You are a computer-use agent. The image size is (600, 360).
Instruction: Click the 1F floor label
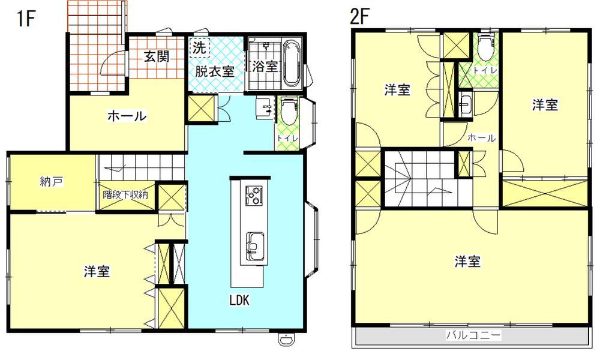pyautogui.click(x=26, y=19)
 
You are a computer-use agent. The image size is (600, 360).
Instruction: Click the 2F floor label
pyautogui.click(x=359, y=16)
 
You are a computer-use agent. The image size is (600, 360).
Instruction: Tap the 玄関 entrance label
pyautogui.click(x=157, y=56)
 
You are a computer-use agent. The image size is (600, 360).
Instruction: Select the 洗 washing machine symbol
pyautogui.click(x=199, y=47)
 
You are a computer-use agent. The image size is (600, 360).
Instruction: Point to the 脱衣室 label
pyautogui.click(x=215, y=71)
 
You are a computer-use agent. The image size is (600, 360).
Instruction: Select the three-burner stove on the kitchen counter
pyautogui.click(x=254, y=195)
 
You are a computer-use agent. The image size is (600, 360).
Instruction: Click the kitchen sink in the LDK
pyautogui.click(x=254, y=244)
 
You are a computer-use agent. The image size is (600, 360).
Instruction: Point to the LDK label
pyautogui.click(x=239, y=301)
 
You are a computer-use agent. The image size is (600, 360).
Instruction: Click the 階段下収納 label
pyautogui.click(x=125, y=194)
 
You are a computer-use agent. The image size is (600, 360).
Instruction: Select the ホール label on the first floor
pyautogui.click(x=127, y=116)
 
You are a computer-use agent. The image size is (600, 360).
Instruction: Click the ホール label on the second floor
pyautogui.click(x=482, y=138)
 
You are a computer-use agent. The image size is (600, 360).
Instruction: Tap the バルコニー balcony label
pyautogui.click(x=473, y=335)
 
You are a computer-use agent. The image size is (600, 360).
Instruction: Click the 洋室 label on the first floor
pyautogui.click(x=97, y=271)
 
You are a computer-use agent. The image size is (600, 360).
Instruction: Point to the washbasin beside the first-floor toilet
pyautogui.click(x=265, y=107)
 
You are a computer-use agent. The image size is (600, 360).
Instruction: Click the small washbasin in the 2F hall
pyautogui.click(x=465, y=104)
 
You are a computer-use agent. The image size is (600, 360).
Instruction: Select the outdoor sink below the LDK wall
pyautogui.click(x=285, y=339)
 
